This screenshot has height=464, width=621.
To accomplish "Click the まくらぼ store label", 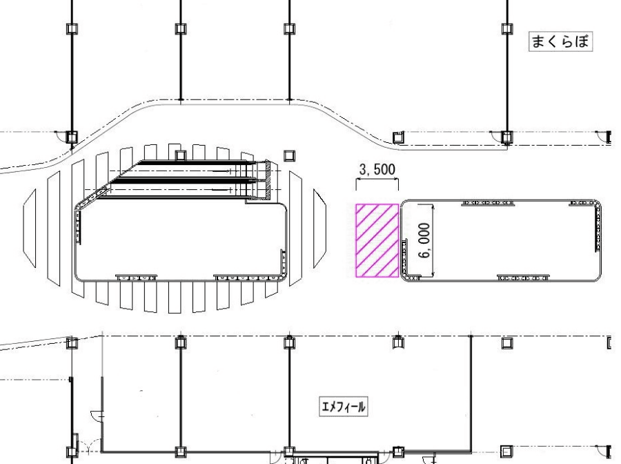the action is point(560,41).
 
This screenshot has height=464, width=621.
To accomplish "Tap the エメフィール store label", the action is point(344,407).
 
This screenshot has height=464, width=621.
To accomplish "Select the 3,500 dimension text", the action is point(377,169).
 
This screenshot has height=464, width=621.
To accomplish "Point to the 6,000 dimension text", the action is point(424,240).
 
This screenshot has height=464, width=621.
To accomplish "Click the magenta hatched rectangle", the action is point(377,240).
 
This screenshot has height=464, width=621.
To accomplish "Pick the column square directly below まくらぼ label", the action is point(507,137).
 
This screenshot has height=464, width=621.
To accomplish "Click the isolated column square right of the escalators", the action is point(290,155).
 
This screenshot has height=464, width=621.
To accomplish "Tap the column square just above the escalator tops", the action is point(181,155).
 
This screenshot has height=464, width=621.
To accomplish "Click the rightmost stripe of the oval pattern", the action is point(320,229).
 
